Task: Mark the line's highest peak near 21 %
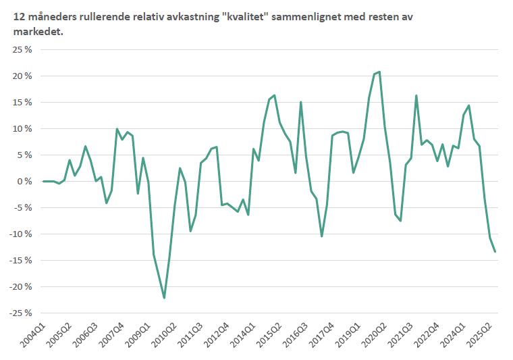[x=379, y=72]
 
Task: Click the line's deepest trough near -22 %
[x=164, y=298]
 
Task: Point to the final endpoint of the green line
[x=495, y=252]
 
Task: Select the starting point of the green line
[x=43, y=181]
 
